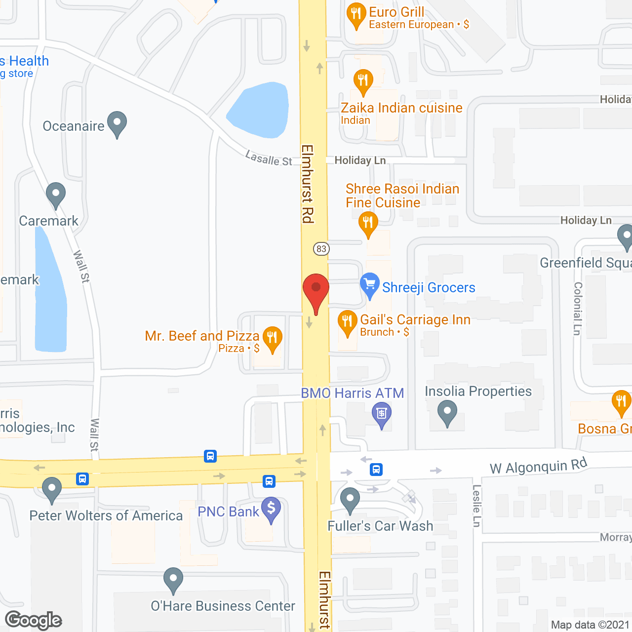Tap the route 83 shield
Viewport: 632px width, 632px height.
pyautogui.click(x=321, y=249)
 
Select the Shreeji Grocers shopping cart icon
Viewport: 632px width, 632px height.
pyautogui.click(x=369, y=285)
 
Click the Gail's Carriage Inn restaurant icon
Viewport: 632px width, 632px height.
pyautogui.click(x=347, y=322)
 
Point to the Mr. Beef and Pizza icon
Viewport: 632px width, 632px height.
pyautogui.click(x=272, y=339)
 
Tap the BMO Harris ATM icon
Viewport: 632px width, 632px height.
pyautogui.click(x=382, y=414)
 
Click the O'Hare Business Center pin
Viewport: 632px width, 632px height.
pyautogui.click(x=173, y=580)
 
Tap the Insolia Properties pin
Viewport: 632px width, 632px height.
pyautogui.click(x=447, y=412)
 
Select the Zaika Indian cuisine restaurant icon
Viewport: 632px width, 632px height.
pyautogui.click(x=363, y=81)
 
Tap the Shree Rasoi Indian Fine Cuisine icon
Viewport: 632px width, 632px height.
pyautogui.click(x=368, y=224)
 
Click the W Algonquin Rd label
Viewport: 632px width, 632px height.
pyautogui.click(x=538, y=466)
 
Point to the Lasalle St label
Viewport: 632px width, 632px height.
pyautogui.click(x=269, y=158)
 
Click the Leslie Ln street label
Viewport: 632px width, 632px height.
pyautogui.click(x=476, y=506)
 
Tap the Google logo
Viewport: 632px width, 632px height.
pyautogui.click(x=34, y=620)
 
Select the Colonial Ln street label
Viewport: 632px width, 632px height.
pyautogui.click(x=578, y=309)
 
